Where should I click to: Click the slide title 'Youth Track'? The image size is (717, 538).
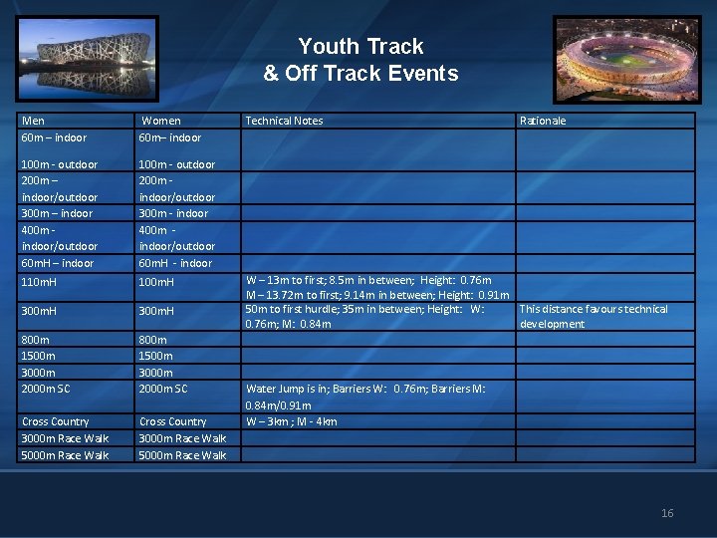click(360, 47)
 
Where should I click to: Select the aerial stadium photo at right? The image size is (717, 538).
click(626, 59)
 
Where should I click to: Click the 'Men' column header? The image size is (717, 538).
click(33, 121)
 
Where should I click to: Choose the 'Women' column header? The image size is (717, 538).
click(160, 121)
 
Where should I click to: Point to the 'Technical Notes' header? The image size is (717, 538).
click(284, 121)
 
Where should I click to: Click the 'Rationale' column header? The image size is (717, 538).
click(543, 121)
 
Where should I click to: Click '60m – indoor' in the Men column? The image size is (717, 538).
click(54, 137)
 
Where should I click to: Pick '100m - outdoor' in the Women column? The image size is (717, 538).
click(176, 164)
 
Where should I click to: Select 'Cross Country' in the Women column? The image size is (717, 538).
click(172, 421)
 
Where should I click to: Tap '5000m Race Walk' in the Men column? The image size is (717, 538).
click(65, 455)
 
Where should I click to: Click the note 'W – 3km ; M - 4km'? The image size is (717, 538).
click(291, 421)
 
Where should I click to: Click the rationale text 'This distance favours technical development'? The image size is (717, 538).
click(594, 316)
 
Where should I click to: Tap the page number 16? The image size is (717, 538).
click(667, 513)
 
